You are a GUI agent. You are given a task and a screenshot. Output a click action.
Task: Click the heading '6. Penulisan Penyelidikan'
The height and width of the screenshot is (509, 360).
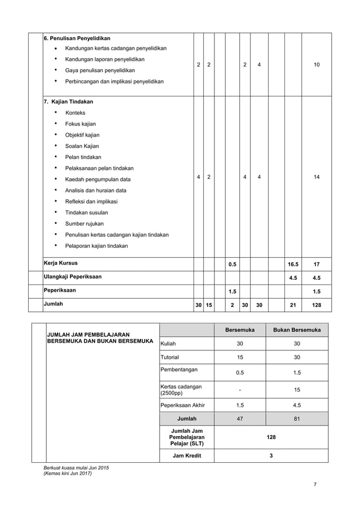pos(77,38)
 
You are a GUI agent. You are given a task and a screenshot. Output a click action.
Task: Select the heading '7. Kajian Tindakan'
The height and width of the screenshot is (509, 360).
pos(68,102)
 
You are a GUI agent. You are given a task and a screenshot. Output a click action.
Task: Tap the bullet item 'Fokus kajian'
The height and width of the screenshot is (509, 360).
pos(81,124)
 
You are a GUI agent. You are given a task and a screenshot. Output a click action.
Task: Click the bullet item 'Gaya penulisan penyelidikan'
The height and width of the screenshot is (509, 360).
pos(100,71)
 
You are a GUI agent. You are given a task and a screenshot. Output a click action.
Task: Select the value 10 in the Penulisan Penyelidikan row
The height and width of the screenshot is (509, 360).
pos(317,65)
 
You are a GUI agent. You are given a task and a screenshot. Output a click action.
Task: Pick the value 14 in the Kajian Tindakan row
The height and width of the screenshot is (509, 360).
pos(317,177)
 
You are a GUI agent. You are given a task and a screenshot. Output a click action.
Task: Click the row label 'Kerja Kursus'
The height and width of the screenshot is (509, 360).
pos(61,263)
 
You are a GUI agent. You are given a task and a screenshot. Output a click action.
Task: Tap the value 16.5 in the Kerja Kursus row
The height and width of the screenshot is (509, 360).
pos(293,264)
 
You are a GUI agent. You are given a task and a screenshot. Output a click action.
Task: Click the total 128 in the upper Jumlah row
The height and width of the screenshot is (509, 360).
pos(317,305)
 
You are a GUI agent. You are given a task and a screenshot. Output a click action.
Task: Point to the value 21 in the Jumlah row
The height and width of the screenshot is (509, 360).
pos(293,305)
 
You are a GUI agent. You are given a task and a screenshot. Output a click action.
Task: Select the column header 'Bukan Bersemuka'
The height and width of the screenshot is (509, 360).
pos(297,330)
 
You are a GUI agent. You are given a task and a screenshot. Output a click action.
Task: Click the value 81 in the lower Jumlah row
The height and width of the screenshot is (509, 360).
pos(297,419)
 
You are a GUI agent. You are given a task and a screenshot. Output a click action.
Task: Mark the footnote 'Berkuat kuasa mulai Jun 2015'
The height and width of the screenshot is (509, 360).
pos(76,468)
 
